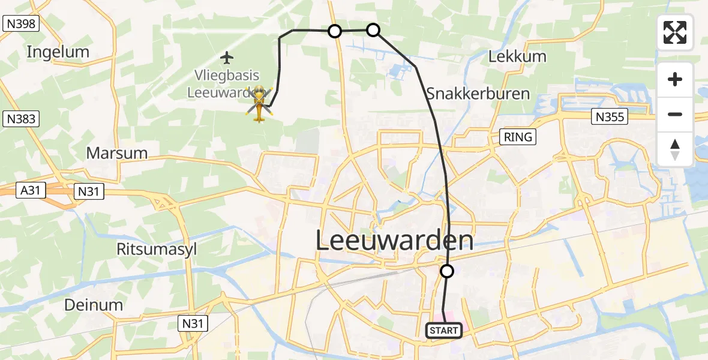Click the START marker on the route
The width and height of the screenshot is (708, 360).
point(444,331)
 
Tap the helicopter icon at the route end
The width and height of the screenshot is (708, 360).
point(259,104)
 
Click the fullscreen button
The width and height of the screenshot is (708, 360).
point(675,32)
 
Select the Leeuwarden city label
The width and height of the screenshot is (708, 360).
point(394,241)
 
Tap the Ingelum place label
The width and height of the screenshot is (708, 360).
point(58,52)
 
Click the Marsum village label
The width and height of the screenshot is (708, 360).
point(117,153)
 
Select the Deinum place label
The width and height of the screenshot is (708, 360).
point(94,305)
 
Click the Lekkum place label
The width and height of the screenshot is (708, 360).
point(517,57)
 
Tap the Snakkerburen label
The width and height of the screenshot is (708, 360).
point(478,94)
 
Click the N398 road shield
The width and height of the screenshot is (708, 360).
point(21,23)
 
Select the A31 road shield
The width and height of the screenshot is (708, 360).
point(32,191)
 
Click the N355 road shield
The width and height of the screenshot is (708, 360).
point(609,116)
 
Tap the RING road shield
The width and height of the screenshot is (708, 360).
point(518,137)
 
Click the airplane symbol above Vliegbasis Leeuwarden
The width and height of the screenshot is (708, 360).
point(226,58)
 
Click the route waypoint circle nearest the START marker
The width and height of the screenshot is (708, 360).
point(447,271)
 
